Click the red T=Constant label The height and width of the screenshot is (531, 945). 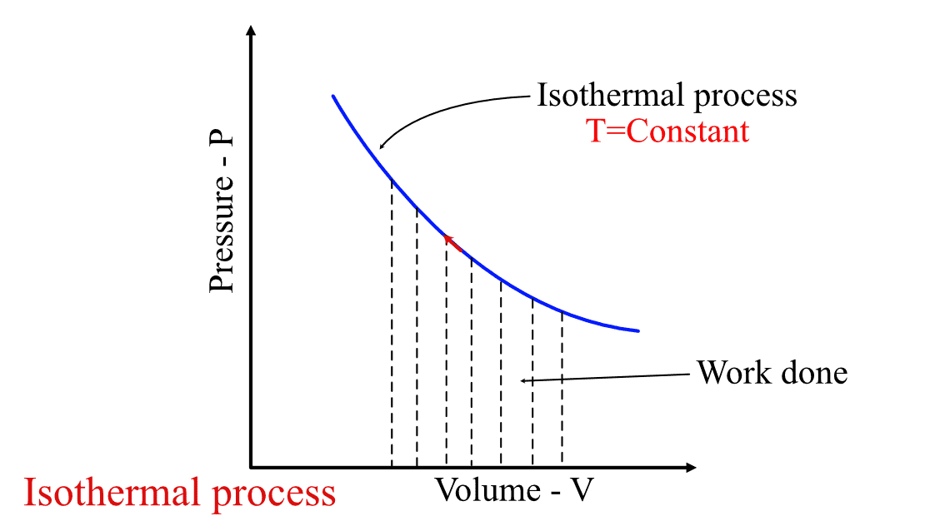[669, 132]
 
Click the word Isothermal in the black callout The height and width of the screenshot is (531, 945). [598, 96]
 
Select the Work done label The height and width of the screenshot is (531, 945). [772, 372]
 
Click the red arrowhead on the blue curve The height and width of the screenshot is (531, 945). [448, 239]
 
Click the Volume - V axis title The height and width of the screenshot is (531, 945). [514, 490]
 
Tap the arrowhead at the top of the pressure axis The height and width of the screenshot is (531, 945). [251, 32]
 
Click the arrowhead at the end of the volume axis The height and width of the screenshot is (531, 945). [691, 467]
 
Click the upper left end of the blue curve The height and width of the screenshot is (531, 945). [333, 97]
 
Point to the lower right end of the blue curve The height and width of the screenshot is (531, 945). [637, 330]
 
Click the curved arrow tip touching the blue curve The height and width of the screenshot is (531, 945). [381, 147]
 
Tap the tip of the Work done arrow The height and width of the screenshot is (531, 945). [523, 381]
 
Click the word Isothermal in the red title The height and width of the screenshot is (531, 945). [112, 493]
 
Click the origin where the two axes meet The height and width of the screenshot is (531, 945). [251, 467]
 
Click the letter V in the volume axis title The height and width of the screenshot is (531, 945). [582, 490]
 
